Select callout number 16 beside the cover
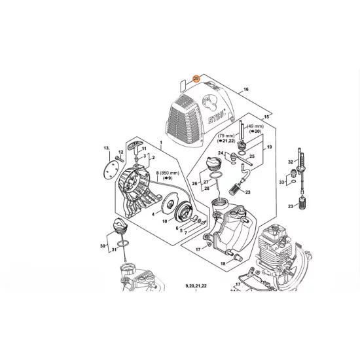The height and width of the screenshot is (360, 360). pos(245,89)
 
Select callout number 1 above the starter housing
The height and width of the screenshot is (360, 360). pos(160,142)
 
